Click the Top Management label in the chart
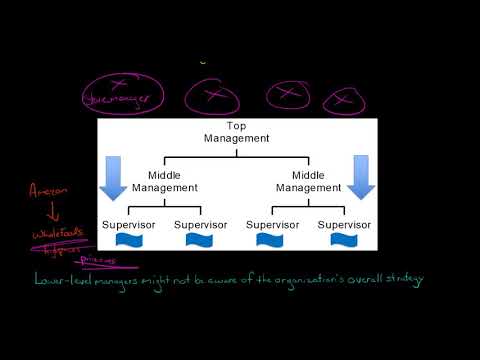click(x=236, y=132)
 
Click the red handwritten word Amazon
click(x=47, y=189)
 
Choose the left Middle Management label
click(x=165, y=181)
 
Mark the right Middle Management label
click(x=308, y=181)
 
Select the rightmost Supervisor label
click(x=345, y=223)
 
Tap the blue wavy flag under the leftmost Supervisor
click(x=131, y=240)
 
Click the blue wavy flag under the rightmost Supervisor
click(x=344, y=240)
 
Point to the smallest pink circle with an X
click(x=345, y=100)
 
